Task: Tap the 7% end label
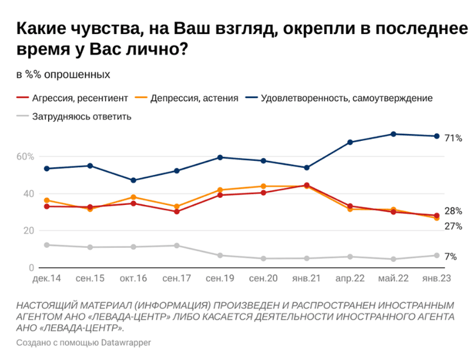click(451, 256)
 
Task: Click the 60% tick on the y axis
click(25, 156)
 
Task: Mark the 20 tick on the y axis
click(28, 231)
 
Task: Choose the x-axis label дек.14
click(46, 279)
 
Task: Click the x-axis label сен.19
click(220, 279)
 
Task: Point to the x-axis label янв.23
click(436, 279)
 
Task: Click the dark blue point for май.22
click(393, 134)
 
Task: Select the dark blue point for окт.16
click(133, 180)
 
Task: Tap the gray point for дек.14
click(46, 245)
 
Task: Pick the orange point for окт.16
click(133, 197)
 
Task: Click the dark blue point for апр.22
click(350, 142)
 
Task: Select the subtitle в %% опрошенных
click(63, 74)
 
